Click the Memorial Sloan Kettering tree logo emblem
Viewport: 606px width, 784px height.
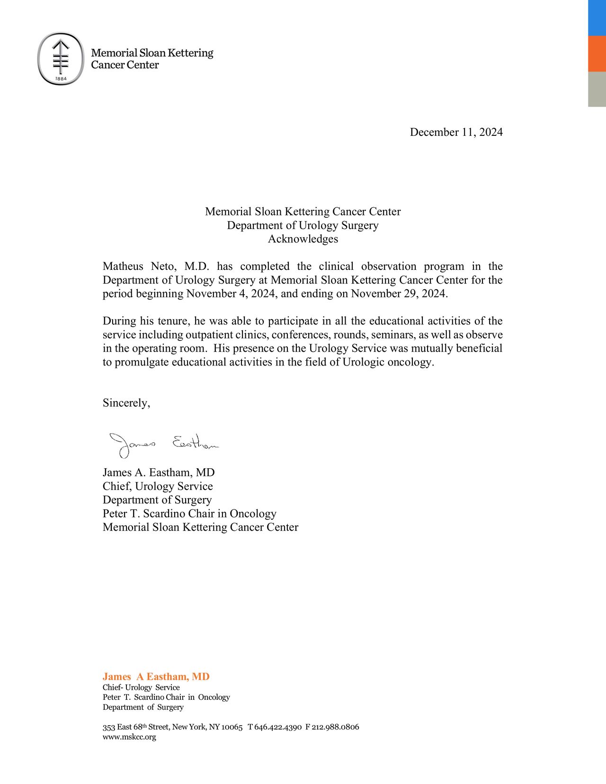click(61, 59)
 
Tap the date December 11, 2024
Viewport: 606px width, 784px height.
click(456, 132)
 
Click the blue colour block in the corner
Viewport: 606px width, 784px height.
click(597, 18)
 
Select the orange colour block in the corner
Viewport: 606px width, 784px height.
click(597, 53)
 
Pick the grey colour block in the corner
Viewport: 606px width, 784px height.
click(597, 89)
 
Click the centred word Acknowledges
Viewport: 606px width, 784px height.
click(303, 239)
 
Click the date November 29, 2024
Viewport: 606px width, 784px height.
click(399, 294)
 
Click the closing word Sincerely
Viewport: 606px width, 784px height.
click(126, 403)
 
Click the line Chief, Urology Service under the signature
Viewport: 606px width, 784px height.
click(158, 486)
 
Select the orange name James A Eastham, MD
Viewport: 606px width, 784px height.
click(156, 677)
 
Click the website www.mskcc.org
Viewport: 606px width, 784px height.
click(129, 737)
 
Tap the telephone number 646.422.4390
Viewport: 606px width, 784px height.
click(278, 727)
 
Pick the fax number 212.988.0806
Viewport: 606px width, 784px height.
click(336, 727)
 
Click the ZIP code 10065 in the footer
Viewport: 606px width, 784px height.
click(232, 727)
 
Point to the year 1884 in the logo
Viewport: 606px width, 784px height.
click(61, 78)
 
